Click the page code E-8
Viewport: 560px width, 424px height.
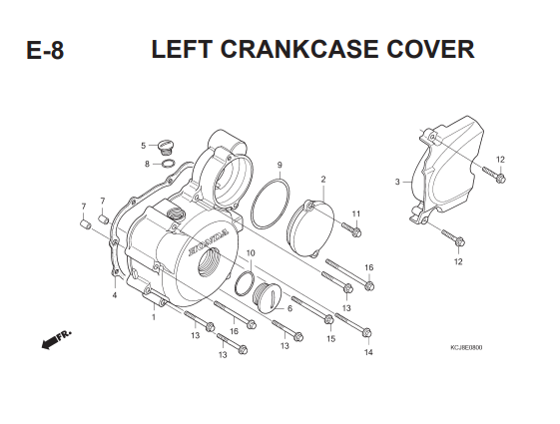[x=45, y=50]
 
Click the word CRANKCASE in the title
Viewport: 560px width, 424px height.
[x=299, y=49]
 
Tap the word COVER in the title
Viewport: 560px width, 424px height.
[x=430, y=49]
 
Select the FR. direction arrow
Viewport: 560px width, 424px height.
[x=56, y=339]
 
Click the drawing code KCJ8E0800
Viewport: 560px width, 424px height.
[x=466, y=347]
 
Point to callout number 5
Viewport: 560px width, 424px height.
[x=143, y=146]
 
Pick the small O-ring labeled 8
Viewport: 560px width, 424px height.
[x=169, y=164]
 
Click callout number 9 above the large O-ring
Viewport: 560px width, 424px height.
[x=280, y=165]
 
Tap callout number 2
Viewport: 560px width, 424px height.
[x=323, y=180]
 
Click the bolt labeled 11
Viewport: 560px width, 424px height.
[x=351, y=229]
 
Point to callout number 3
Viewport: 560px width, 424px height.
[x=397, y=182]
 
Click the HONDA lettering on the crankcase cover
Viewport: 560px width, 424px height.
[x=209, y=242]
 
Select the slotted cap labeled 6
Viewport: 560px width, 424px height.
[x=268, y=297]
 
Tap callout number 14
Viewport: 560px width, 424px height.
[x=368, y=352]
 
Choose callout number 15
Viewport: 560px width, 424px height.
[x=331, y=338]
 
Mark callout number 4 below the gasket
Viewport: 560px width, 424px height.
[x=115, y=295]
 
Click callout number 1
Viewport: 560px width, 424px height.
[x=154, y=317]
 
